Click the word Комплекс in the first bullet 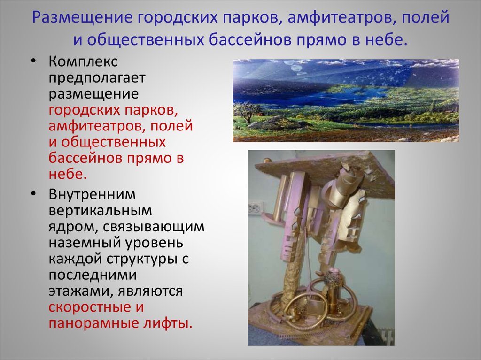click(x=83, y=62)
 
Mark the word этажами click(x=78, y=291)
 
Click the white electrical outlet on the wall click(x=256, y=207)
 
